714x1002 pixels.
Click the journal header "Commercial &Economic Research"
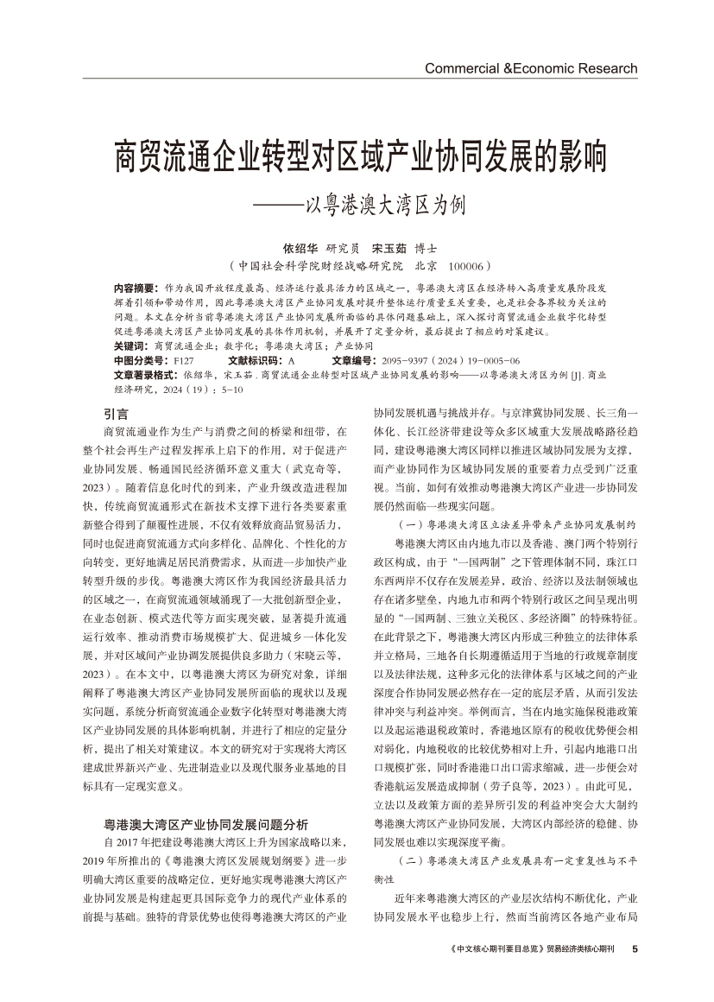click(x=531, y=68)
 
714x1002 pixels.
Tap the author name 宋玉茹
click(x=388, y=246)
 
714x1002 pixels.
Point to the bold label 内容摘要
click(x=134, y=287)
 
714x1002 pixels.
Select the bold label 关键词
click(x=130, y=345)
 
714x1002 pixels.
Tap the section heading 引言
click(x=116, y=414)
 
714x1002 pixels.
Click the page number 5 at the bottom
click(x=635, y=948)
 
